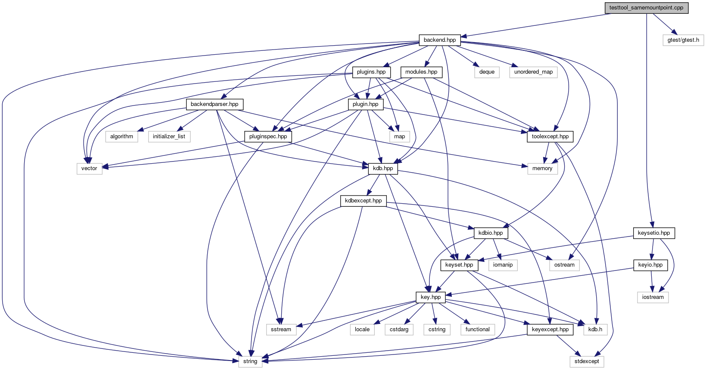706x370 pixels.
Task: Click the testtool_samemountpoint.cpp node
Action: pyautogui.click(x=647, y=8)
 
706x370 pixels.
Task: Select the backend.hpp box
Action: pyautogui.click(x=440, y=40)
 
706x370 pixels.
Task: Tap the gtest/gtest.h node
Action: pyautogui.click(x=683, y=40)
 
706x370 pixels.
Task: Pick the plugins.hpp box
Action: pyautogui.click(x=371, y=72)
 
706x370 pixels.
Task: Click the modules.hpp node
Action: pyautogui.click(x=421, y=72)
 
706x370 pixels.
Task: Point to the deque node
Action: pyautogui.click(x=487, y=72)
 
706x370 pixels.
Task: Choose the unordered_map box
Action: pyautogui.click(x=533, y=72)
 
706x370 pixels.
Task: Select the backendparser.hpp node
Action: pyautogui.click(x=215, y=104)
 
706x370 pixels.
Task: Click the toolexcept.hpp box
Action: pyautogui.click(x=550, y=137)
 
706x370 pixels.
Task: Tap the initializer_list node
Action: pyautogui.click(x=169, y=137)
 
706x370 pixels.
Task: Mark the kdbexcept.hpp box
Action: pyautogui.click(x=364, y=201)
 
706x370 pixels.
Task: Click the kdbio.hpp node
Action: pyautogui.click(x=491, y=233)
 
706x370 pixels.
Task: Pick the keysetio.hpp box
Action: pyautogui.click(x=654, y=233)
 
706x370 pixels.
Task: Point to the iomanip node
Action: pyautogui.click(x=503, y=265)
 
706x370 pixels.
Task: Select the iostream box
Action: pyautogui.click(x=653, y=297)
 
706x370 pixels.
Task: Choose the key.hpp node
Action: pyautogui.click(x=431, y=297)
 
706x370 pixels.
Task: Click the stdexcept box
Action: pyautogui.click(x=587, y=361)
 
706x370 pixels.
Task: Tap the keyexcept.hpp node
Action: pyautogui.click(x=550, y=330)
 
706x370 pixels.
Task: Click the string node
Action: pyautogui.click(x=250, y=361)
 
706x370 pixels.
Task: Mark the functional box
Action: pyautogui.click(x=478, y=330)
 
